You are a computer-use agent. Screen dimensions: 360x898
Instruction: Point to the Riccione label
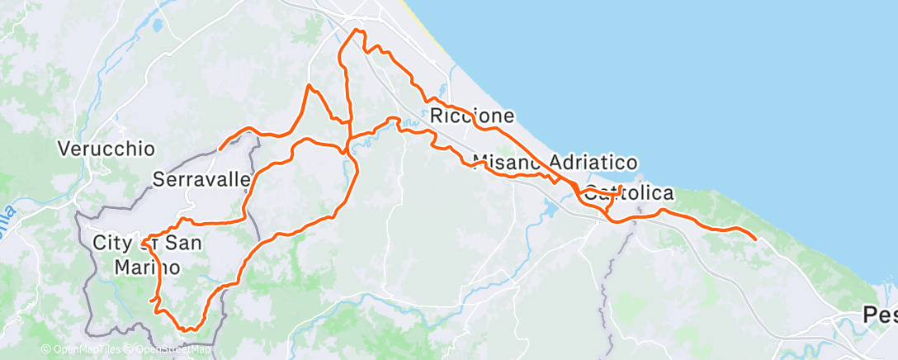click(472, 116)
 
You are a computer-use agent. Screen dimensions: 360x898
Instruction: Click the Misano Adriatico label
click(554, 162)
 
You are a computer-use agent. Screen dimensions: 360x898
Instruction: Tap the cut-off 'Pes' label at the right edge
click(880, 315)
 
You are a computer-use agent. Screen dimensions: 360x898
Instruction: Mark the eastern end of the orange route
click(755, 239)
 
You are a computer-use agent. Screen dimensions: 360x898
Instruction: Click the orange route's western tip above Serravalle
click(220, 149)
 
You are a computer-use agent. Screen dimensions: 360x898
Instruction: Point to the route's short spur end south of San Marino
click(151, 302)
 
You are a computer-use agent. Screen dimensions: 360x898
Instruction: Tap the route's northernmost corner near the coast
click(357, 31)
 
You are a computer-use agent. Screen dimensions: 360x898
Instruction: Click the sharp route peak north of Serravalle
click(309, 85)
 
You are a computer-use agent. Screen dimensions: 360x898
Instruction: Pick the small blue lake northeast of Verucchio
click(157, 26)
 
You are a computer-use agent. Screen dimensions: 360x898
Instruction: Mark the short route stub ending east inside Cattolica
click(620, 188)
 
